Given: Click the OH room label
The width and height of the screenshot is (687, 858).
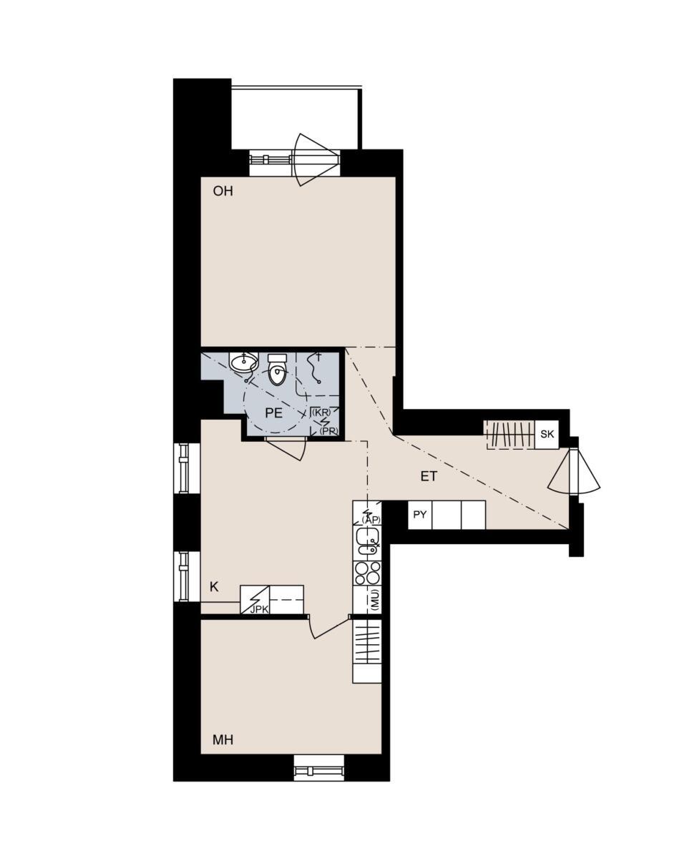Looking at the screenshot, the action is pyautogui.click(x=223, y=191).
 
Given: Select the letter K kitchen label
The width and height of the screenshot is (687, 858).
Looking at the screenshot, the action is pyautogui.click(x=215, y=587).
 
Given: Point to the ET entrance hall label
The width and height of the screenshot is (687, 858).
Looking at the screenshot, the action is pyautogui.click(x=429, y=476).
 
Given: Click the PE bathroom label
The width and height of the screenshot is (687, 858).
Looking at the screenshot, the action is pyautogui.click(x=273, y=413).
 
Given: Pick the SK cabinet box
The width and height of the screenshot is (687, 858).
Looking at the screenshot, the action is pyautogui.click(x=547, y=435).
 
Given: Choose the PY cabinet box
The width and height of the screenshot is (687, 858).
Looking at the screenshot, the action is pyautogui.click(x=419, y=515).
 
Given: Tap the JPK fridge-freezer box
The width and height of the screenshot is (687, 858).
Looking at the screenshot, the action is pyautogui.click(x=255, y=600).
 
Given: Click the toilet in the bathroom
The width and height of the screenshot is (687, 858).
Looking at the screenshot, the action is pyautogui.click(x=278, y=370).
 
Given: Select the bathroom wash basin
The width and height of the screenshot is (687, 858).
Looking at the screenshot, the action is pyautogui.click(x=243, y=362).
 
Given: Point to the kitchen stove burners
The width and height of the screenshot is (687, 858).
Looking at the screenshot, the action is pyautogui.click(x=367, y=573).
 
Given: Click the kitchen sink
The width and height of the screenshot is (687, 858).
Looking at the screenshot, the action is pyautogui.click(x=367, y=541).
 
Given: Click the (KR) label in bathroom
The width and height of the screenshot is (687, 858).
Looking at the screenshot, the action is pyautogui.click(x=322, y=413).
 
